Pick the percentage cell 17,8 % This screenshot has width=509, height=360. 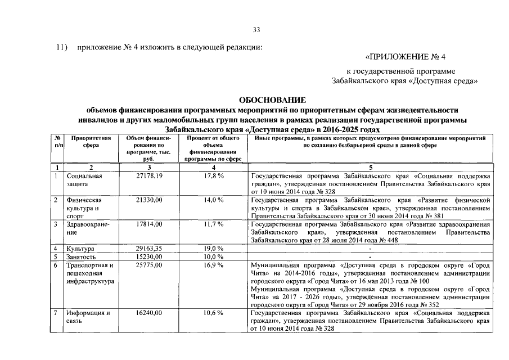[214, 176]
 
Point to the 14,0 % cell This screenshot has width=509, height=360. [214, 200]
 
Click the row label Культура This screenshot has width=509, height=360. [80, 248]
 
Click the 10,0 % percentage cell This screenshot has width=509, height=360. [214, 256]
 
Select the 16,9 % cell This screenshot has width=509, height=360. [214, 264]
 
